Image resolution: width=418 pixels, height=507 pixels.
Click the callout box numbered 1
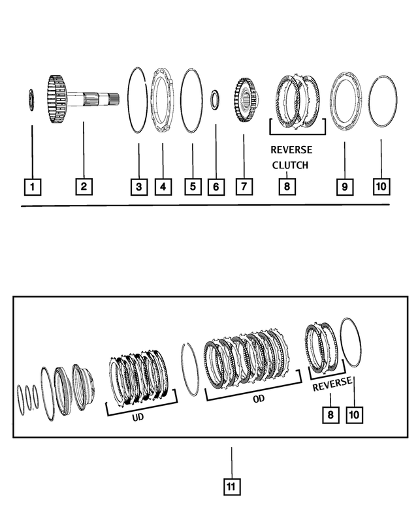click(x=32, y=187)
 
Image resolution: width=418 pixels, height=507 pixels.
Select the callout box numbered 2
click(x=84, y=187)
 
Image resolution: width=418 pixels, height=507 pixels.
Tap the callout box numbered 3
click(x=138, y=187)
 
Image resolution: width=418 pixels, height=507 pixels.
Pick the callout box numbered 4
click(x=163, y=187)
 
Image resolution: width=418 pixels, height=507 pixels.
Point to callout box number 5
click(x=192, y=187)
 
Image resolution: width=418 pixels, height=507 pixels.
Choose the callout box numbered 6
click(x=216, y=187)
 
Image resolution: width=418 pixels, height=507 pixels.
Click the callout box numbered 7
click(x=243, y=187)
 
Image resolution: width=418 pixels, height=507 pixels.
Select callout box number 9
click(x=344, y=187)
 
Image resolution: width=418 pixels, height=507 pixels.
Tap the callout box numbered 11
click(x=231, y=486)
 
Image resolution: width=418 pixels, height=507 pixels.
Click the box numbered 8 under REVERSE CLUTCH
click(x=286, y=187)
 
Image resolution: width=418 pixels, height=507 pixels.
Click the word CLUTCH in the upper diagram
click(x=290, y=165)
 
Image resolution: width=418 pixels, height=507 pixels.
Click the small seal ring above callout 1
click(x=31, y=100)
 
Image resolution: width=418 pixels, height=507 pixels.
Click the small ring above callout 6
click(x=215, y=100)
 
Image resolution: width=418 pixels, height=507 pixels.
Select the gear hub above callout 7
click(x=246, y=100)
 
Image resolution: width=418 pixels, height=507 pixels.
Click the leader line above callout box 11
click(x=231, y=459)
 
